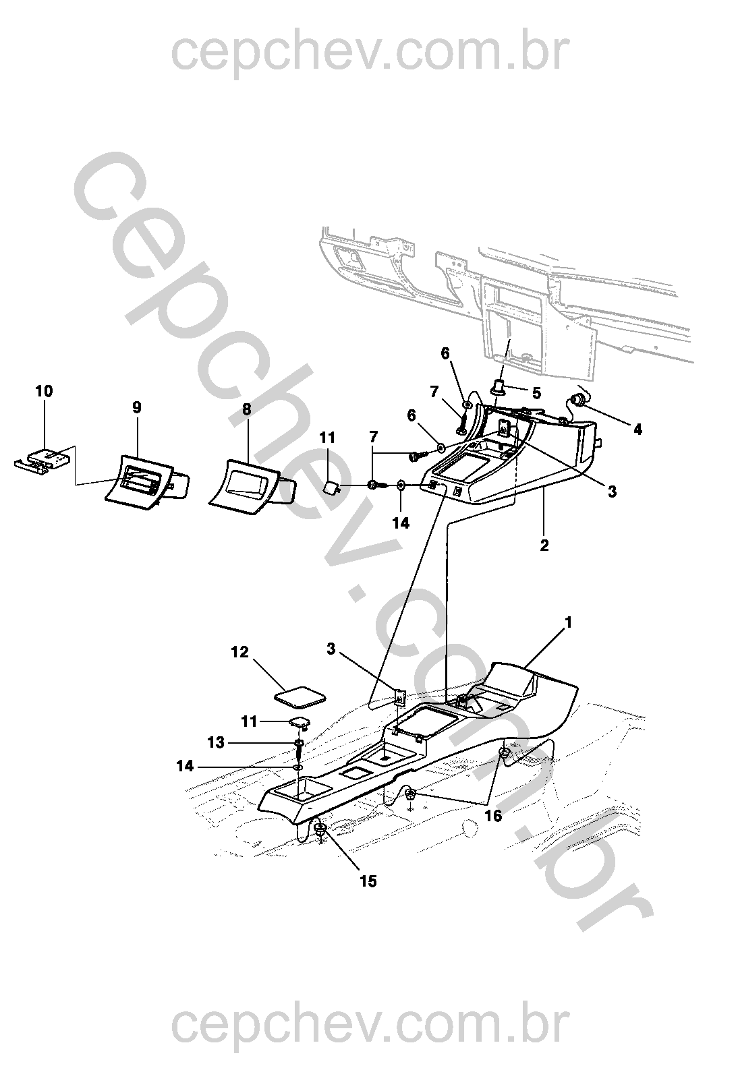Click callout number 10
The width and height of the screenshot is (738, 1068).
44,392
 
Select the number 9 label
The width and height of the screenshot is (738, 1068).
137,407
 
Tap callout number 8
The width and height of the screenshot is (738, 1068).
246,409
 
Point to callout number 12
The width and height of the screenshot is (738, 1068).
239,652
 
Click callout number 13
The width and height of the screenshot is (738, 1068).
216,742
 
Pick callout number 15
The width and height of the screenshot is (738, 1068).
368,881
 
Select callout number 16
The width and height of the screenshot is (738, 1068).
494,816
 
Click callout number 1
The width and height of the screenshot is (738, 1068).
568,624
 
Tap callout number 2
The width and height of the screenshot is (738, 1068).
544,545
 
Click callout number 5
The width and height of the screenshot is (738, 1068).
536,392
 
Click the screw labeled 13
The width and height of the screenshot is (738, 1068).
297,748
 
